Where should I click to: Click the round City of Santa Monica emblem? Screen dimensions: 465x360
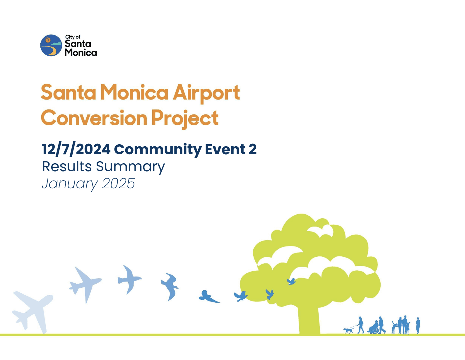pyautogui.click(x=51, y=45)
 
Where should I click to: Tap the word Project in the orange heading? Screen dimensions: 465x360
pyautogui.click(x=185, y=119)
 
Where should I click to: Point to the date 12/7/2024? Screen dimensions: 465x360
pyautogui.click(x=76, y=150)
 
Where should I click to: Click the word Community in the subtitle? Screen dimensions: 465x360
pyautogui.click(x=158, y=150)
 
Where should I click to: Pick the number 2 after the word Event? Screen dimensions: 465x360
pyautogui.click(x=252, y=149)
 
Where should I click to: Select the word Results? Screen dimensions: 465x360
pyautogui.click(x=67, y=167)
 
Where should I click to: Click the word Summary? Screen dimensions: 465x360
pyautogui.click(x=130, y=167)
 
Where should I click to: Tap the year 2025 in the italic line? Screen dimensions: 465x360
pyautogui.click(x=118, y=183)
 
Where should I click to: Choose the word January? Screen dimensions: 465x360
pyautogui.click(x=70, y=184)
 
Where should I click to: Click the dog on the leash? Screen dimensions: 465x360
pyautogui.click(x=348, y=331)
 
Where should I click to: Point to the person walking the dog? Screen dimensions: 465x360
pyautogui.click(x=360, y=325)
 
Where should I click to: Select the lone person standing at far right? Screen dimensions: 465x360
pyautogui.click(x=418, y=325)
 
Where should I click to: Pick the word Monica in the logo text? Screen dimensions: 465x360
pyautogui.click(x=81, y=52)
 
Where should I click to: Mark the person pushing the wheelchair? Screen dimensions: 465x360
pyautogui.click(x=381, y=325)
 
